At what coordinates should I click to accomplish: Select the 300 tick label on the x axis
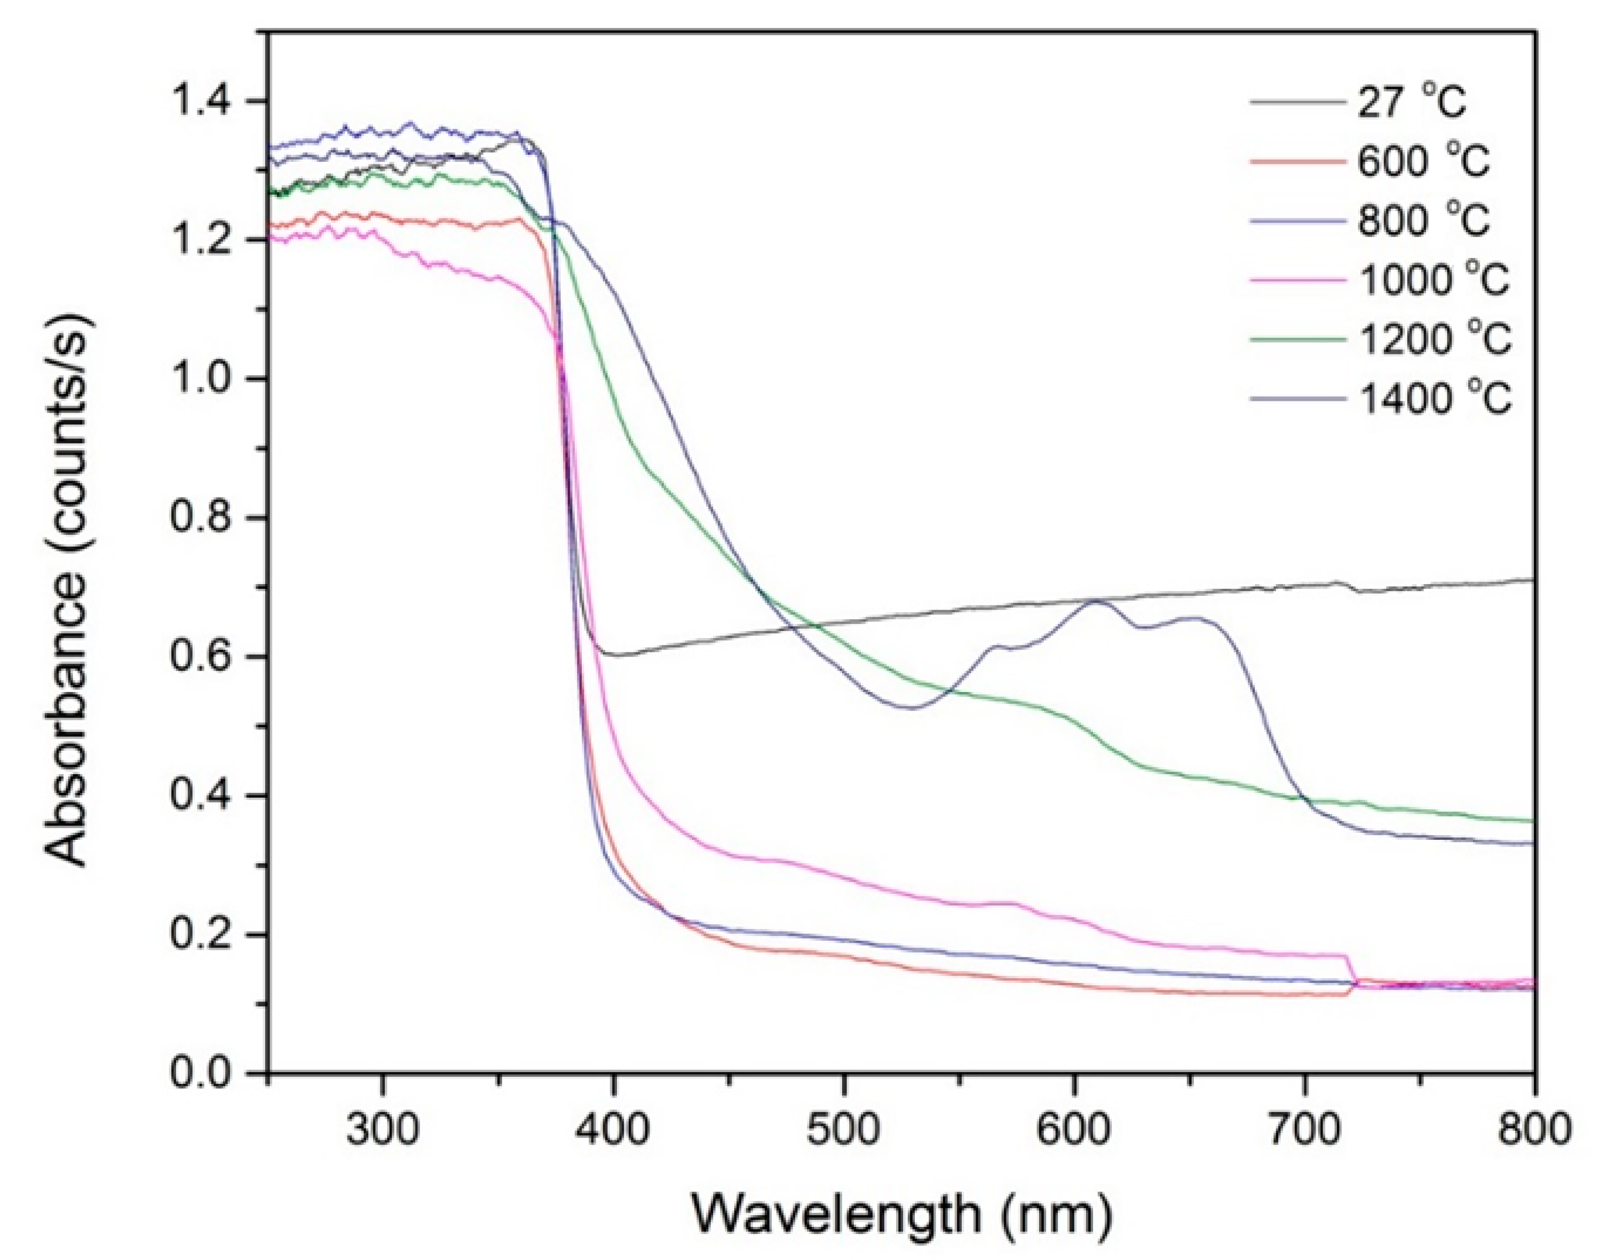(x=382, y=1129)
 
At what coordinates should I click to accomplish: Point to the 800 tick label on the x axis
(x=1534, y=1129)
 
